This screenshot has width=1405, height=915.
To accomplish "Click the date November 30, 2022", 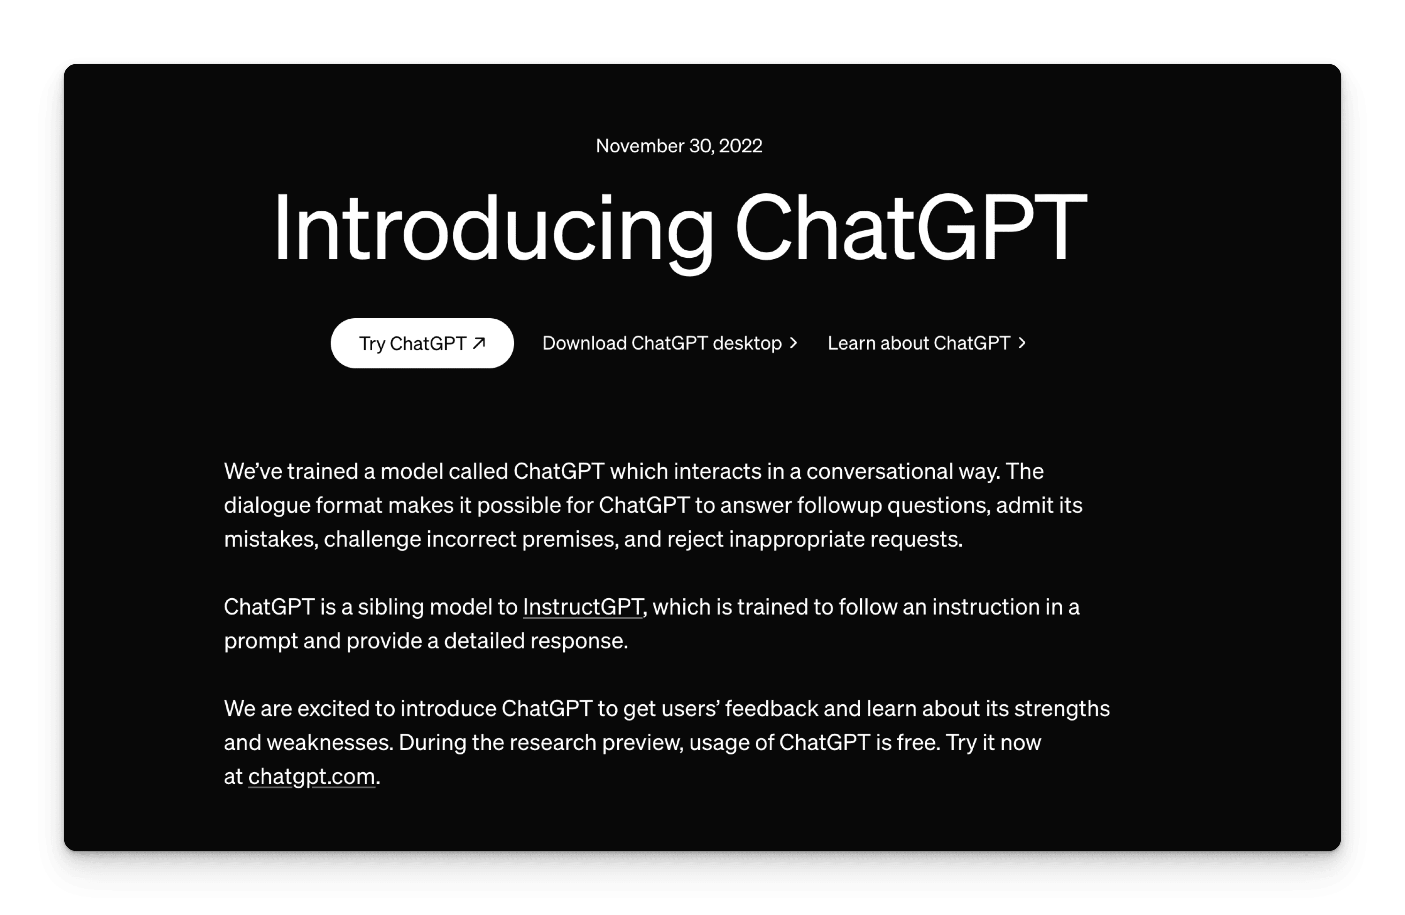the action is (679, 146).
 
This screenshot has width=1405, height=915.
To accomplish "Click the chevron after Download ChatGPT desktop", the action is (794, 343).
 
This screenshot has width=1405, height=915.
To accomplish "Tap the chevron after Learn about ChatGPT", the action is (1022, 343).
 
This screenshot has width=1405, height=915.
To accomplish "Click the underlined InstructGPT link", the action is (583, 607).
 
